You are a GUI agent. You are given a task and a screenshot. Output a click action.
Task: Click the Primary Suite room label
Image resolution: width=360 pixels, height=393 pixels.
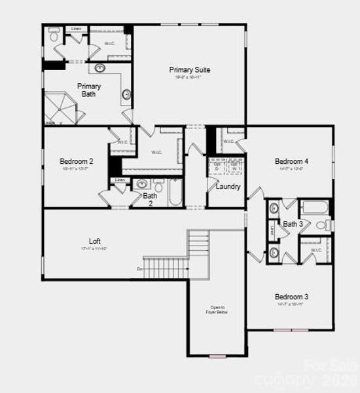[190, 69]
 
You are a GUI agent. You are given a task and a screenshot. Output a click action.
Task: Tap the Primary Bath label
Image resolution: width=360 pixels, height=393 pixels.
[89, 90]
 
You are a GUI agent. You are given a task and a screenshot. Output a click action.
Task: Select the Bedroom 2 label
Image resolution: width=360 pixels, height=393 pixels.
[77, 161]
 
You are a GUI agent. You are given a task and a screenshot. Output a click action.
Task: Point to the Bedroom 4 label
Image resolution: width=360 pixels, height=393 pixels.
[291, 161]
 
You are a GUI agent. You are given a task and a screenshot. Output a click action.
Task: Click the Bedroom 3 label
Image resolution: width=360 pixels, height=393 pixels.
[291, 297]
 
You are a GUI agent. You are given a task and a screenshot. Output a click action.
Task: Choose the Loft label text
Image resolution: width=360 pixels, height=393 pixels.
[95, 240]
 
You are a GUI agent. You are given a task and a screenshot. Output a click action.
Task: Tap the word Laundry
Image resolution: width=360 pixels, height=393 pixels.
[228, 187]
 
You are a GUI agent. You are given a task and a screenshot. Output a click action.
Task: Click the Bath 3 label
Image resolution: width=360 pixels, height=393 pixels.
[293, 224]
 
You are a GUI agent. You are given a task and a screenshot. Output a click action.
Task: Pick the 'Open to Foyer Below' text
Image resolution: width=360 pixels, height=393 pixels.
[217, 310]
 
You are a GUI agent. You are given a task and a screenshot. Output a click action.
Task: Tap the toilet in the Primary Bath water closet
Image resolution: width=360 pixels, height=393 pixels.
[54, 32]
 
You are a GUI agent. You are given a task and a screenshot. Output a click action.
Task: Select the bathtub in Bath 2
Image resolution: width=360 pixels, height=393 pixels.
[175, 194]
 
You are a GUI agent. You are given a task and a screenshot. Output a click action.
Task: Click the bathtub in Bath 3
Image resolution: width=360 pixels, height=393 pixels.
[316, 209]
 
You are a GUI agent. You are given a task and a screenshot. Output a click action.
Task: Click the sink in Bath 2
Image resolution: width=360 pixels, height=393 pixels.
[141, 183]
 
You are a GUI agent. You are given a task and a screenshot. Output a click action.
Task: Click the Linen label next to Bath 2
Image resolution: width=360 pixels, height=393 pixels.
[120, 180]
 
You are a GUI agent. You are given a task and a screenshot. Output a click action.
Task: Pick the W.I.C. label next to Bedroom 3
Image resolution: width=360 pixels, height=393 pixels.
[315, 250]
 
